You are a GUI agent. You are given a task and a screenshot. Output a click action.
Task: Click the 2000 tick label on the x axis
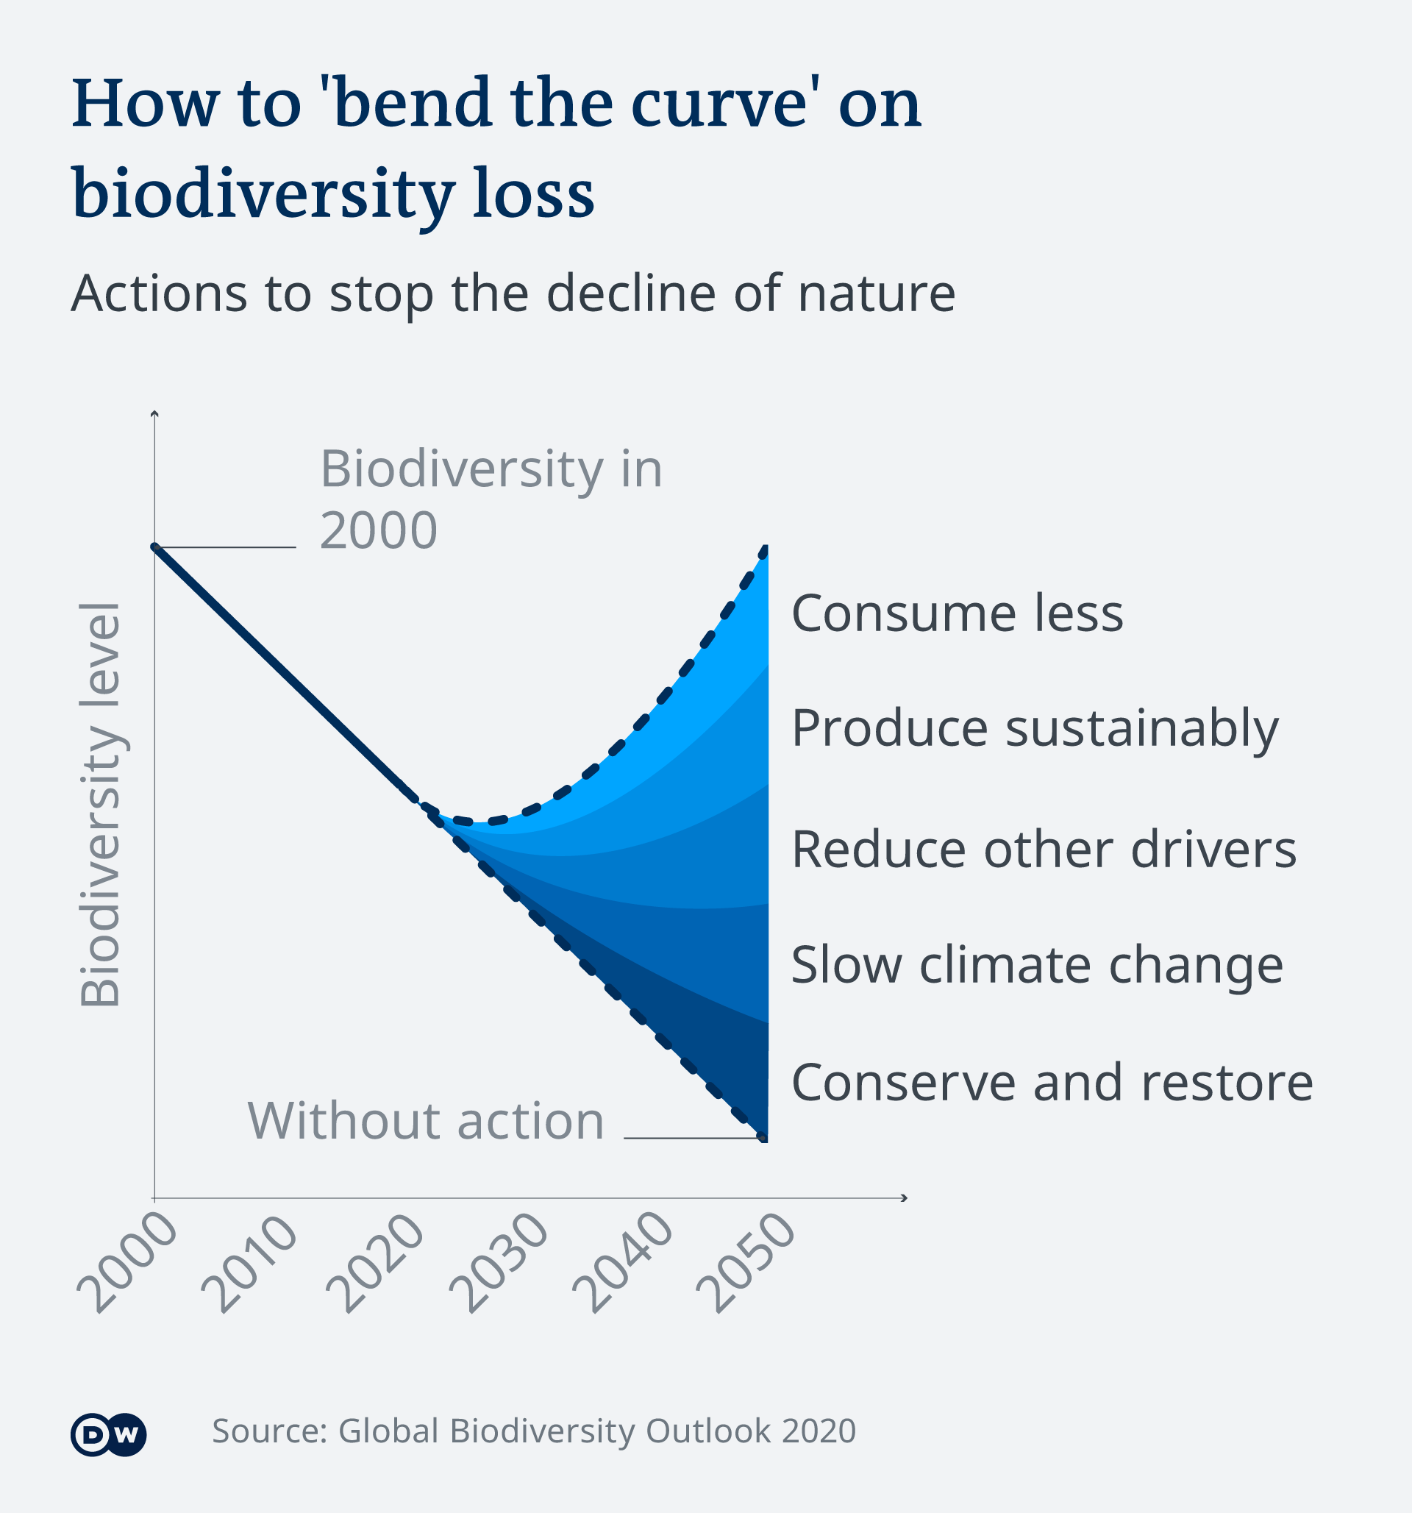126,1263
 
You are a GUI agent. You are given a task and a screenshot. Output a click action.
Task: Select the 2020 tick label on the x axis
374,1264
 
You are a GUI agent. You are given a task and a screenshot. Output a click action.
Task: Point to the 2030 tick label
499,1264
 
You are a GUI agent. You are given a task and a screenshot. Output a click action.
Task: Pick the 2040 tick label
623,1264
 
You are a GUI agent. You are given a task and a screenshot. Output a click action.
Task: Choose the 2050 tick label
746,1264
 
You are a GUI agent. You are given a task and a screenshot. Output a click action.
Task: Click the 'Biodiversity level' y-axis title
101,805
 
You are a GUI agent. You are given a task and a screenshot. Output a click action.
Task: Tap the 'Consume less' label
957,613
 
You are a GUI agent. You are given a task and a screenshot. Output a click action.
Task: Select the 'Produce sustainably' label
1035,728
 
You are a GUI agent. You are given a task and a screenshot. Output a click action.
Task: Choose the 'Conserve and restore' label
1052,1081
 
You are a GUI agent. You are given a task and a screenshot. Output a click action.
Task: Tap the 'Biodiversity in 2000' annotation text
491,499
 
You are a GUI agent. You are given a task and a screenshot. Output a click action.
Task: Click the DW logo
108,1435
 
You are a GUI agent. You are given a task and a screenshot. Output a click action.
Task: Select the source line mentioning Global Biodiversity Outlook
534,1431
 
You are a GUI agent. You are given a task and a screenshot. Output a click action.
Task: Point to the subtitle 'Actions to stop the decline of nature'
513,293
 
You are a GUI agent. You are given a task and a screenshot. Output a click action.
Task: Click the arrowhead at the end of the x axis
904,1199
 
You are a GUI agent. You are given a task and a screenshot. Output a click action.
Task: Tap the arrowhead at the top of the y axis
154,414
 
